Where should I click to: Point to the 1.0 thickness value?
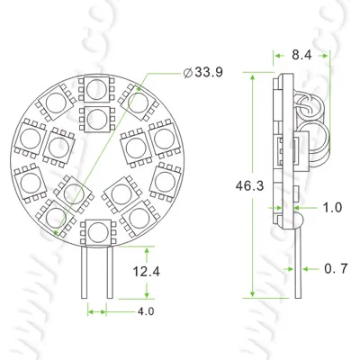331,208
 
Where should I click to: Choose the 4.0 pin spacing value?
145,312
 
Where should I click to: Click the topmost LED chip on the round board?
94,87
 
